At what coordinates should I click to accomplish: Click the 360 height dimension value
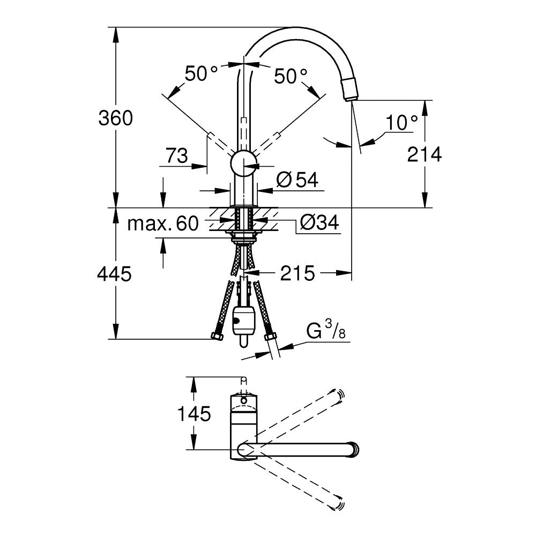[x=115, y=118]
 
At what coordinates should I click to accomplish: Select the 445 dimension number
[x=114, y=274]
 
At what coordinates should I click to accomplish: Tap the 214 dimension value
[x=425, y=154]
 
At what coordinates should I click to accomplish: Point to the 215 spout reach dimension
[x=297, y=273]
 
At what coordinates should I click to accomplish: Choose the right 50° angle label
[x=291, y=76]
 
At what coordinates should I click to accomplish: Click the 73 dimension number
[x=176, y=156]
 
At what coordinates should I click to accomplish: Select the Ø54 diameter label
[x=298, y=180]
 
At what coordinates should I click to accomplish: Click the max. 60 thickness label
[x=162, y=223]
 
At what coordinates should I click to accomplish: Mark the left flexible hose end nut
[x=217, y=337]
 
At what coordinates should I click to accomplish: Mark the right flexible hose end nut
[x=271, y=337]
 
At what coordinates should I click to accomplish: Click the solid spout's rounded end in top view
[x=353, y=449]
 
